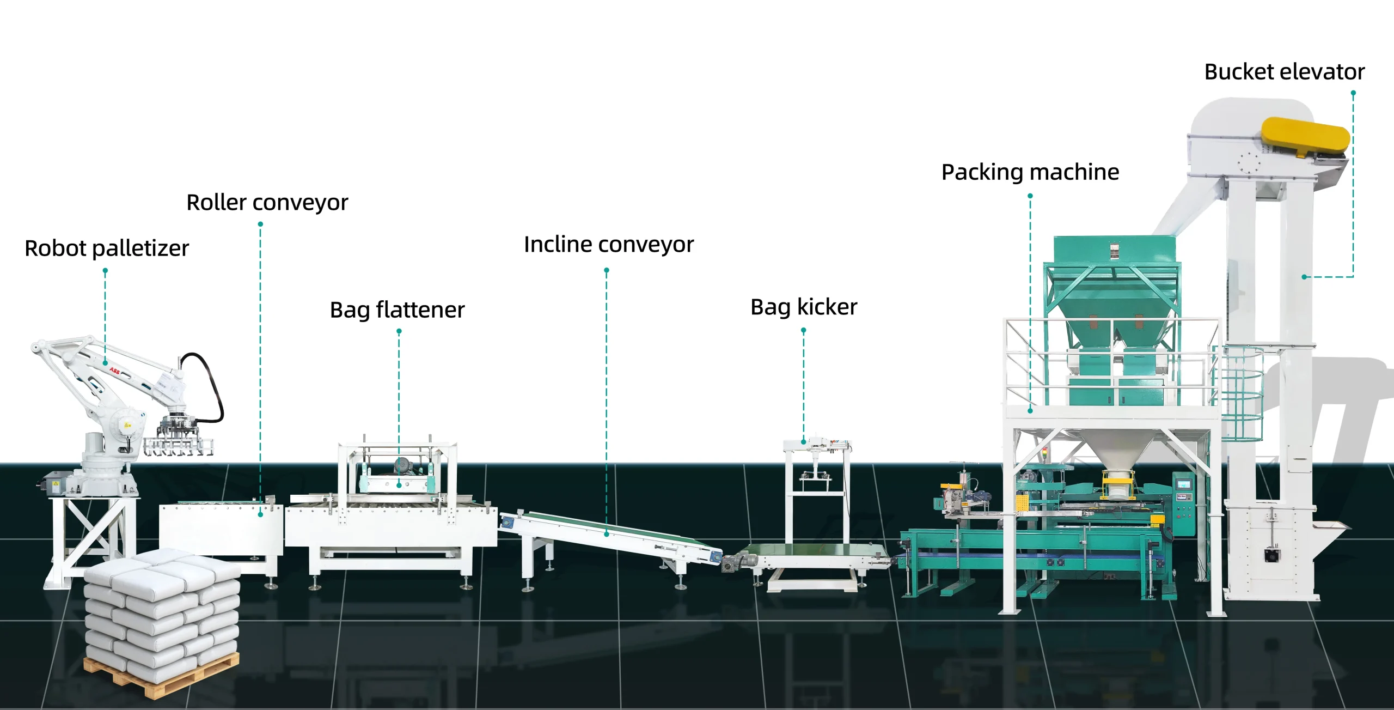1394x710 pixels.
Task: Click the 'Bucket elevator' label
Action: point(1284,72)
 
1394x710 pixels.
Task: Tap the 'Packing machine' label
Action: point(1030,172)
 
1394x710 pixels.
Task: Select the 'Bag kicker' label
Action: point(803,307)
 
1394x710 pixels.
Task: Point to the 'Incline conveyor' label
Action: point(608,244)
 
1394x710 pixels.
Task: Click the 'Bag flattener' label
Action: point(397,310)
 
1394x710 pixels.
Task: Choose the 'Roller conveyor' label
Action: point(267,202)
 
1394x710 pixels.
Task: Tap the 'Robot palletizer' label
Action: point(107,248)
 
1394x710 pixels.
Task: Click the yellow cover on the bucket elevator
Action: point(1306,137)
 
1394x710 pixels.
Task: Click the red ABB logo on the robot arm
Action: point(114,371)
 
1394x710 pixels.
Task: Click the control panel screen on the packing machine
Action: point(1183,484)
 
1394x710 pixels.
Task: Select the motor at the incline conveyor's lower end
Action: point(738,561)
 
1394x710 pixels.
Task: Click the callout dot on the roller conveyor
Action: point(260,514)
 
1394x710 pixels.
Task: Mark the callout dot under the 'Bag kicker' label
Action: point(803,442)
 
